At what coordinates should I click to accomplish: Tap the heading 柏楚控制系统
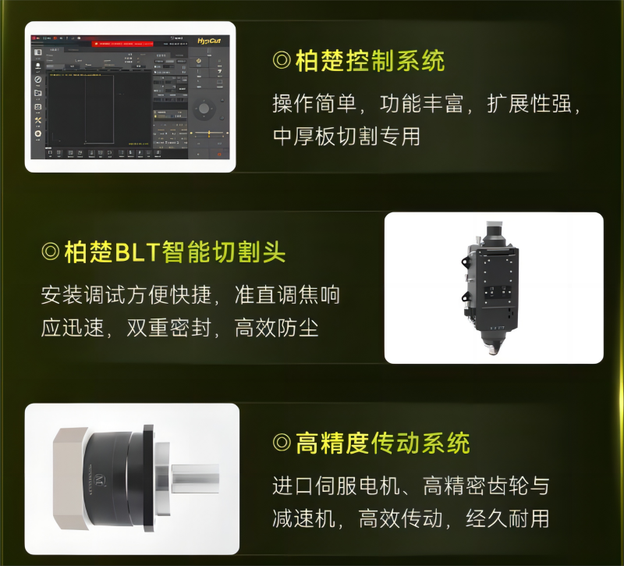tap(370, 60)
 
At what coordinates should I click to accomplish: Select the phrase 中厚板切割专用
tap(346, 136)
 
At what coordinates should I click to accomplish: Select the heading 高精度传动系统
tap(382, 444)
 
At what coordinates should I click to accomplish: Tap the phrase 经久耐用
tap(508, 518)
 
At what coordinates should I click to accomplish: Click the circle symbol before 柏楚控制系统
tap(282, 61)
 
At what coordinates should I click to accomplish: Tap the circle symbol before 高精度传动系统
tap(282, 444)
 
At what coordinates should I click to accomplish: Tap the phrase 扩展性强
tap(530, 104)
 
